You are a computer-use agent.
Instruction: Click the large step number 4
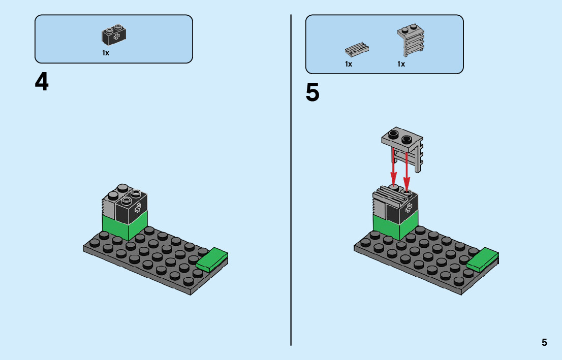[42, 82]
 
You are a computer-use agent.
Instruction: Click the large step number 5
[313, 93]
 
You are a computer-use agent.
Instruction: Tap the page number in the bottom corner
[544, 342]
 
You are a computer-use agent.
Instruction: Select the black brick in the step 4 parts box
[114, 35]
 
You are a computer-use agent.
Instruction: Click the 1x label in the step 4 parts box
[106, 53]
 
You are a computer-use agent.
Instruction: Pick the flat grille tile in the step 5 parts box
[357, 49]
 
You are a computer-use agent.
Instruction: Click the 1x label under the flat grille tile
[349, 64]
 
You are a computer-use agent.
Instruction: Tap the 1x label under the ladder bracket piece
[401, 64]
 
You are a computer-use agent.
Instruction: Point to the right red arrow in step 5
[407, 170]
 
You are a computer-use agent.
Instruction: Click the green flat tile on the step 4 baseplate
[212, 259]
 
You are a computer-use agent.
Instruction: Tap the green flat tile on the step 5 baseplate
[483, 259]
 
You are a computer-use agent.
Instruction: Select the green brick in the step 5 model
[395, 226]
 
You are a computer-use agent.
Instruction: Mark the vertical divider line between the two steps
[291, 203]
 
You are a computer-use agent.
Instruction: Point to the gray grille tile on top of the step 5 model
[390, 195]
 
